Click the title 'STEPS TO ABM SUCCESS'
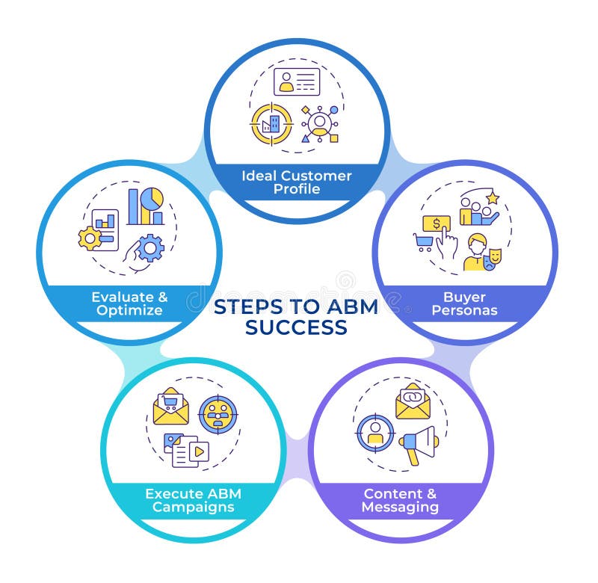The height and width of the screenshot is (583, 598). click(x=296, y=317)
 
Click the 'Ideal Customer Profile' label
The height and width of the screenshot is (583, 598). click(x=296, y=182)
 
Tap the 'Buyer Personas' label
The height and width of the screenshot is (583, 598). click(x=463, y=303)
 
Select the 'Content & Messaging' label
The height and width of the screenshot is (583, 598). click(x=400, y=500)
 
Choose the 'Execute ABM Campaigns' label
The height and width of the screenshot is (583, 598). click(x=193, y=500)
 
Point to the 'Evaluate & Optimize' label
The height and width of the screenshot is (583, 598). click(x=129, y=303)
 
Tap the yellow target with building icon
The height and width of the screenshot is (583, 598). click(x=271, y=123)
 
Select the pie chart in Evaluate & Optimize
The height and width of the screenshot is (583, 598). click(x=153, y=199)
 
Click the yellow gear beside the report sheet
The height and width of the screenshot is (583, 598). click(x=90, y=238)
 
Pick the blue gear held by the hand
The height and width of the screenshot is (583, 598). click(x=150, y=247)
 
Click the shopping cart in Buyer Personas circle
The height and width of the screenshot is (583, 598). click(x=424, y=241)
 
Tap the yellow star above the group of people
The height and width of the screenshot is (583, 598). click(x=492, y=198)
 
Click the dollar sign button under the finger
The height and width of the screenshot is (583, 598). click(x=436, y=223)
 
